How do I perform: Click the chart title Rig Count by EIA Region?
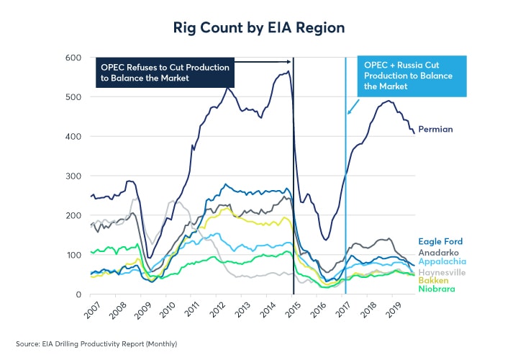[x=258, y=27]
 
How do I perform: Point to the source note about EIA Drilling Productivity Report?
[x=96, y=343]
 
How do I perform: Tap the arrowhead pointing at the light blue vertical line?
[x=349, y=112]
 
